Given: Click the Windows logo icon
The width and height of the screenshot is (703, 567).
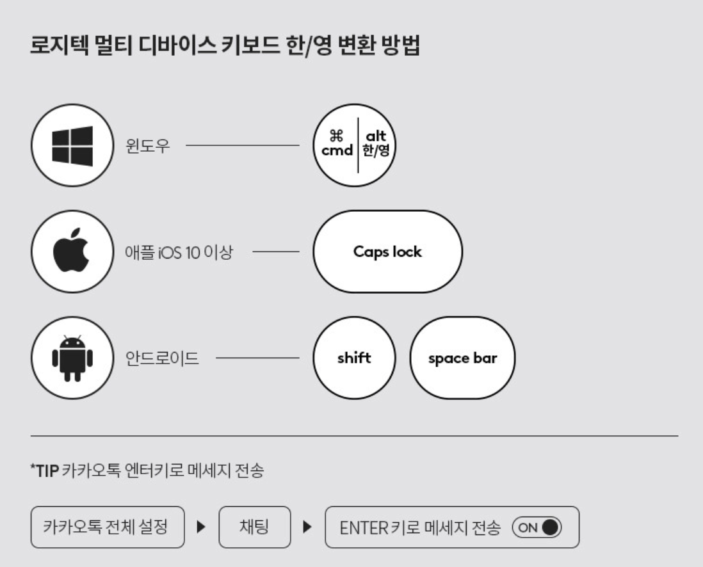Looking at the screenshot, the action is (x=72, y=145).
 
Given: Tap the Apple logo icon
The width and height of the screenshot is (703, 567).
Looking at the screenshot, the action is (x=72, y=252).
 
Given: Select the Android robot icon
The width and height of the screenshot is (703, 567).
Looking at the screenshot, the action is (x=72, y=358).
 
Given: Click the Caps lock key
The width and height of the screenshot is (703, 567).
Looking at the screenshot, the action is (x=387, y=252).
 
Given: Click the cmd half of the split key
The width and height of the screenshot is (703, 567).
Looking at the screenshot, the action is (x=337, y=145).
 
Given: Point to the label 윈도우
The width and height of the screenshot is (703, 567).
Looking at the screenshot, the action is (x=148, y=145).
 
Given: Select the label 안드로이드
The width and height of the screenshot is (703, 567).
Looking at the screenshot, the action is (x=161, y=358).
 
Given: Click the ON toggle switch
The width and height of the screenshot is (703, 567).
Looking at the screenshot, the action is (x=536, y=527).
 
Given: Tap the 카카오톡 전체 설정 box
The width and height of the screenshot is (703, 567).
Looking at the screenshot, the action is (x=107, y=527).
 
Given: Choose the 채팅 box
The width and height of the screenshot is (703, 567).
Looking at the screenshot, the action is (x=254, y=527).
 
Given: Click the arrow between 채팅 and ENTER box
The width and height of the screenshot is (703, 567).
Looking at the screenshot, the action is (x=307, y=528).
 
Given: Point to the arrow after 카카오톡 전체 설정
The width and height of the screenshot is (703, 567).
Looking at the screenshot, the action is (x=201, y=528).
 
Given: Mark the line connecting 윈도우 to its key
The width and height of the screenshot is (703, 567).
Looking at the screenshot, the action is (x=242, y=145).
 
